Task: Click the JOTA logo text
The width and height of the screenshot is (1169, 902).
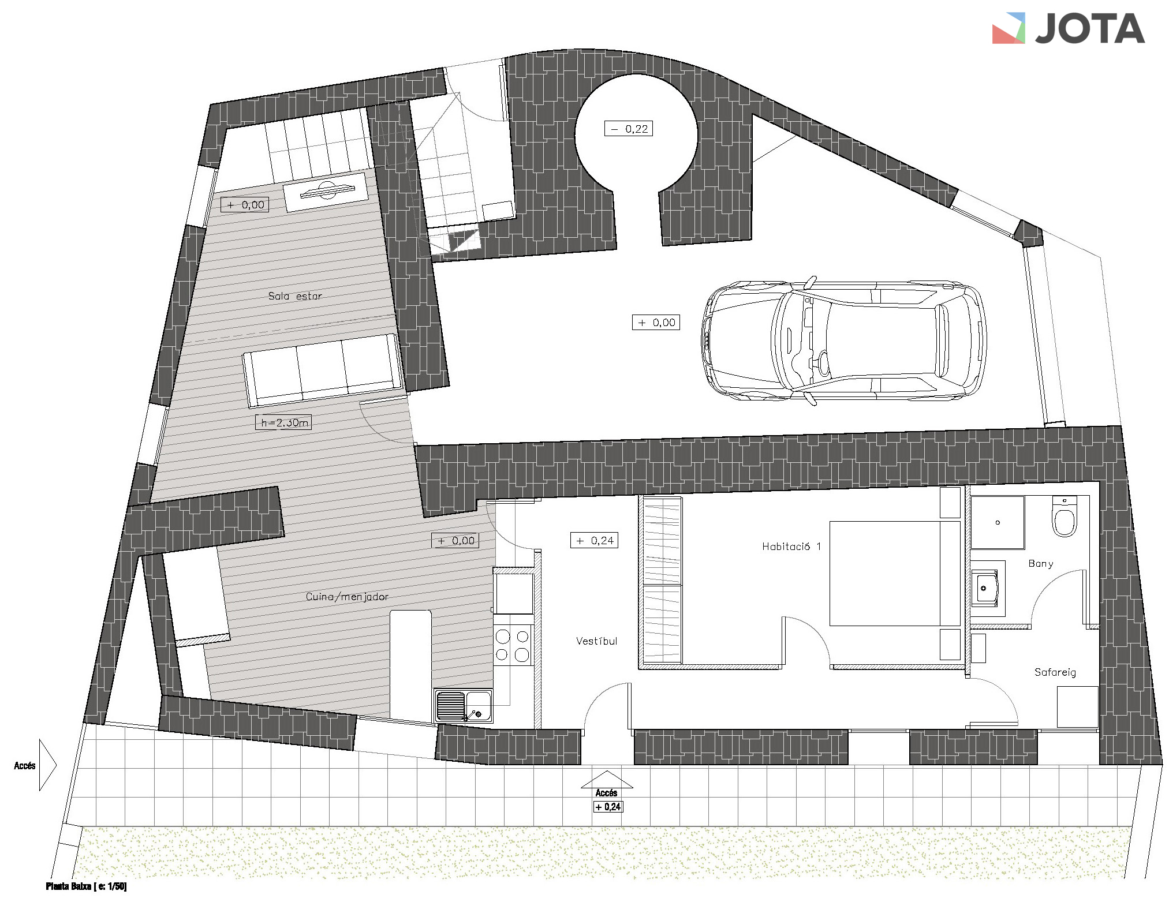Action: pyautogui.click(x=1089, y=29)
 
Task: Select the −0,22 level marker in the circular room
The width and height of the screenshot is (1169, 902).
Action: pyautogui.click(x=629, y=129)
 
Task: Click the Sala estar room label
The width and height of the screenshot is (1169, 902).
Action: pyautogui.click(x=295, y=296)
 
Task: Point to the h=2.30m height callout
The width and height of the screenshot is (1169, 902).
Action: pyautogui.click(x=283, y=422)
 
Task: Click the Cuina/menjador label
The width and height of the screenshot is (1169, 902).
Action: pyautogui.click(x=347, y=597)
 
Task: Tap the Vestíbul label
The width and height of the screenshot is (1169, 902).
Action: pyautogui.click(x=596, y=641)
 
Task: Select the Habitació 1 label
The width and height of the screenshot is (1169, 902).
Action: pyautogui.click(x=791, y=546)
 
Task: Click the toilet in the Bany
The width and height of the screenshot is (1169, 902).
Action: pyautogui.click(x=1065, y=517)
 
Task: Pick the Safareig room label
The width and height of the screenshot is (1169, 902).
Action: pyautogui.click(x=1055, y=672)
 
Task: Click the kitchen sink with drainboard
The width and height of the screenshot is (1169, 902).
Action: pyautogui.click(x=464, y=706)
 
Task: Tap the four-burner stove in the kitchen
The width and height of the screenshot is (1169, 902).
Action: pyautogui.click(x=513, y=645)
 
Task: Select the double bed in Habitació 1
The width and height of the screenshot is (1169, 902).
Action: pyautogui.click(x=895, y=574)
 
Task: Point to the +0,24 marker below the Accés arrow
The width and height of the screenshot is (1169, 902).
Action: pyautogui.click(x=608, y=807)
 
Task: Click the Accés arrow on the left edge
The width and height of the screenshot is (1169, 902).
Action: pyautogui.click(x=47, y=765)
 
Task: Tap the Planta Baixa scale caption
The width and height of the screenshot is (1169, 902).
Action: pyautogui.click(x=86, y=886)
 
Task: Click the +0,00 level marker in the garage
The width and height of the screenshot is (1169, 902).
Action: pyautogui.click(x=656, y=323)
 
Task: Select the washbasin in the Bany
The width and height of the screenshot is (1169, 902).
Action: pyautogui.click(x=985, y=589)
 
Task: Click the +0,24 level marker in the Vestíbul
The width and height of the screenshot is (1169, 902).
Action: pyautogui.click(x=594, y=541)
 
